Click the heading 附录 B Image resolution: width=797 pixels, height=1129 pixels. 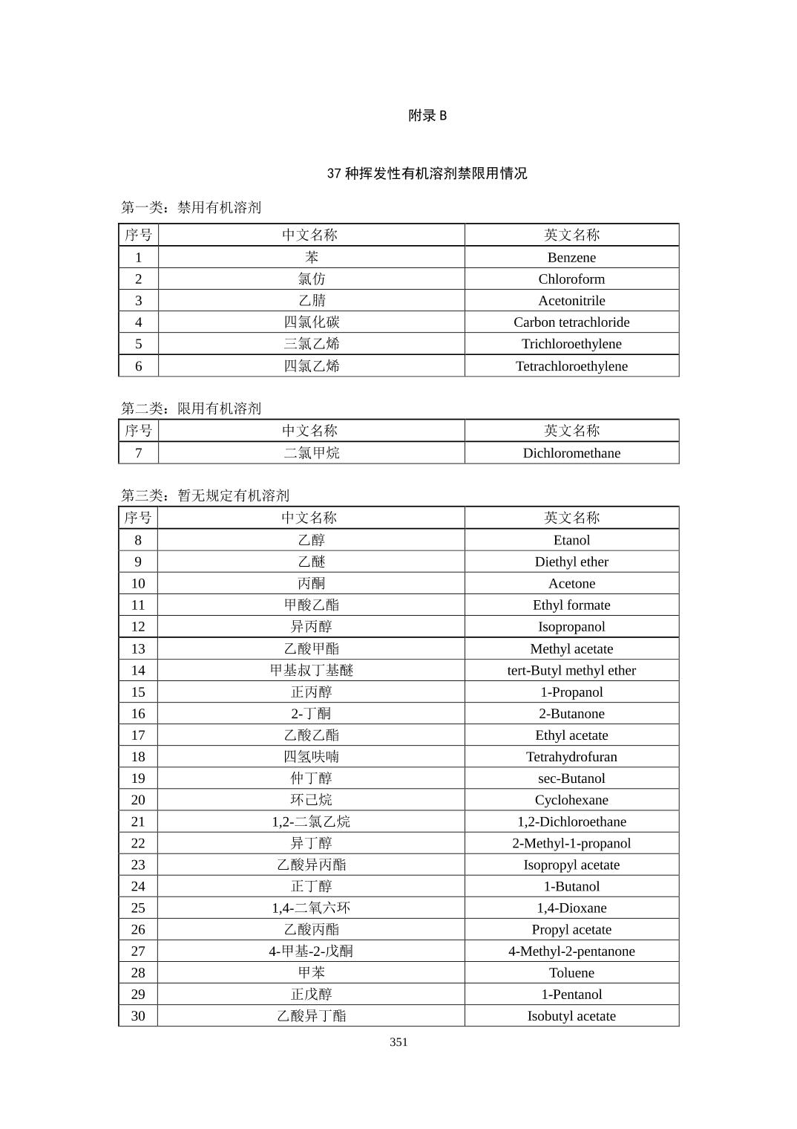click(427, 115)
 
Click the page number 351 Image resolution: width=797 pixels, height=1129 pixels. click(398, 1042)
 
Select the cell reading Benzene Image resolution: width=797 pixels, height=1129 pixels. click(571, 258)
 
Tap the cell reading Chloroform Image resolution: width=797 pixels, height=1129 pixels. click(571, 279)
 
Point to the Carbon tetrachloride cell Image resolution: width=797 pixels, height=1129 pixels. click(571, 322)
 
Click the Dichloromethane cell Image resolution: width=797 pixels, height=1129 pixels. click(571, 453)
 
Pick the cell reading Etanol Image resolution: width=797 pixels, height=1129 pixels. click(571, 540)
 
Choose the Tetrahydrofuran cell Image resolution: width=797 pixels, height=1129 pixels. click(571, 757)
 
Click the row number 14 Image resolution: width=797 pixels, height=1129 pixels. click(138, 670)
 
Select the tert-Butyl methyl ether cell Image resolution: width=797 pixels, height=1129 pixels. click(571, 670)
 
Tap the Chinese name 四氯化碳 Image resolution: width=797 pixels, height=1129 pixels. click(312, 322)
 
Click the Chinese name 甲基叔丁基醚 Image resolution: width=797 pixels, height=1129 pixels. click(312, 670)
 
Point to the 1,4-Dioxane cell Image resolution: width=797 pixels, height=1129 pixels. click(571, 908)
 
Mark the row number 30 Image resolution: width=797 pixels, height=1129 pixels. click(138, 1016)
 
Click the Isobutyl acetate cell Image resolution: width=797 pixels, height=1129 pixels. click(571, 1016)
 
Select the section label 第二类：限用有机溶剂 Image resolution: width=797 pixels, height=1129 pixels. click(191, 409)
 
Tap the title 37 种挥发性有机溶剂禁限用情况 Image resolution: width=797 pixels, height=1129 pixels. click(427, 173)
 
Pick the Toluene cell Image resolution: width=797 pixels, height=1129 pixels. click(571, 973)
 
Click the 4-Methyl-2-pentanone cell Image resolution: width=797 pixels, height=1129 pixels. click(571, 951)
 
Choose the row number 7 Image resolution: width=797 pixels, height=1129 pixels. click(138, 453)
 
